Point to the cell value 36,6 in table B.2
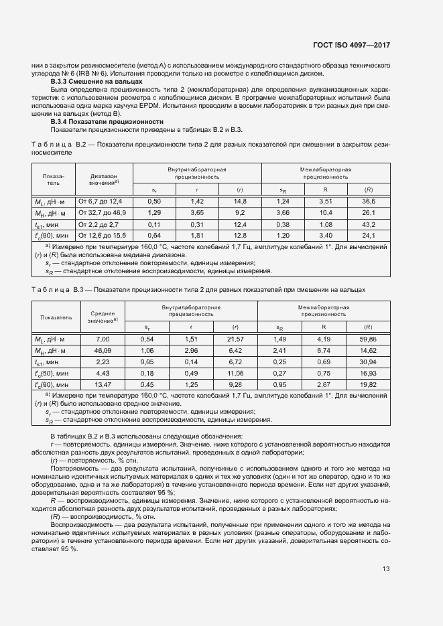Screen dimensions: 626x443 tap(368, 202)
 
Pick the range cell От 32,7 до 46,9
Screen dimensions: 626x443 tap(103, 212)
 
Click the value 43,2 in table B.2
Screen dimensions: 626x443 tap(368, 224)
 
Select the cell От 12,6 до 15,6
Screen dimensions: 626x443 tap(103, 235)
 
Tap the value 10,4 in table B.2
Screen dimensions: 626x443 tap(325, 212)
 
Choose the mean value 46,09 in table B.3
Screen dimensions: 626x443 tap(103, 351)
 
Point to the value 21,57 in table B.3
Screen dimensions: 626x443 tap(235, 339)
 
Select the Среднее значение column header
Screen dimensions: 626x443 tap(103, 317)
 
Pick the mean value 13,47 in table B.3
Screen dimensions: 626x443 tap(103, 385)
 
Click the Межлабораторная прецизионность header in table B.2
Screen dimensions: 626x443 tap(325, 174)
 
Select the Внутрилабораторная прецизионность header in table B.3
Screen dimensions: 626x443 tap(191, 311)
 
